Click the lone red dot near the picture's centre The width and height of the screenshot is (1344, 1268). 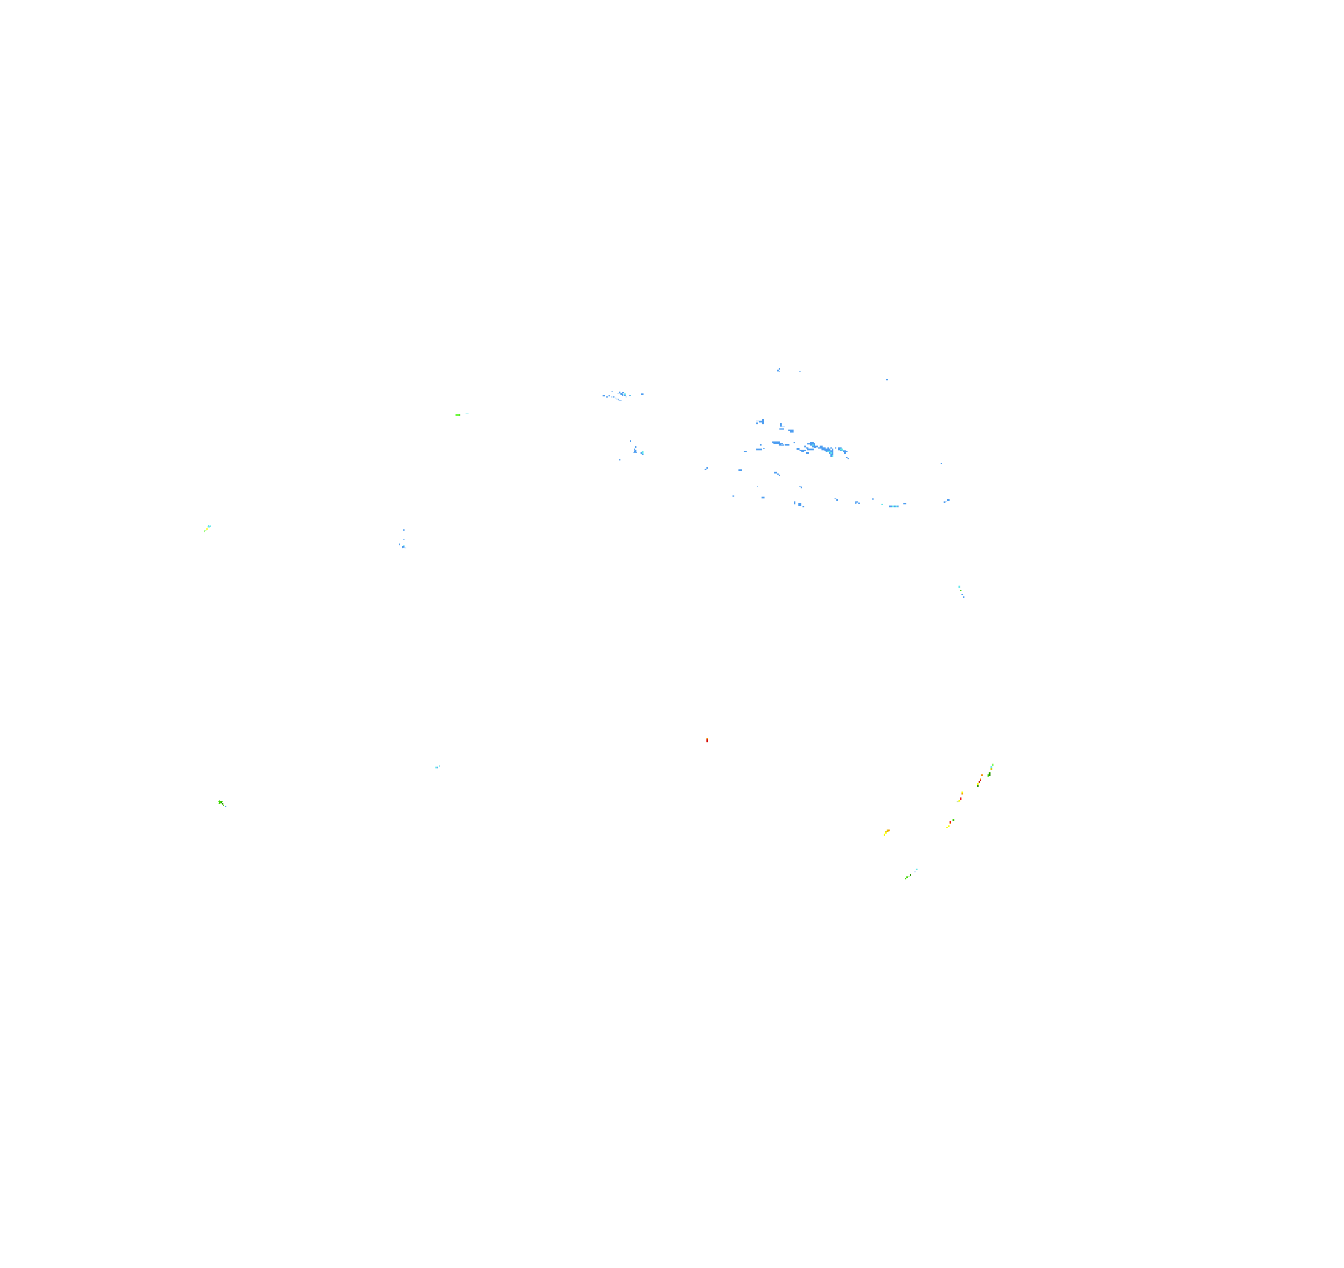click(x=707, y=741)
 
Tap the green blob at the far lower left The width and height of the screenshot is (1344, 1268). click(x=221, y=803)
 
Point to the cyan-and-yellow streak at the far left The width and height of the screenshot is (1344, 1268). click(x=207, y=527)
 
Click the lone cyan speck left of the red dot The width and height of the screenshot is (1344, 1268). click(x=437, y=767)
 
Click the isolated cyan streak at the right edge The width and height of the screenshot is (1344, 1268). click(x=961, y=590)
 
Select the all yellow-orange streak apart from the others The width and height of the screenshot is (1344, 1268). click(x=886, y=832)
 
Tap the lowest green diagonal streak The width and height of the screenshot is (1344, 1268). click(x=910, y=875)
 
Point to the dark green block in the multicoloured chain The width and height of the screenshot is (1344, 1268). click(x=989, y=774)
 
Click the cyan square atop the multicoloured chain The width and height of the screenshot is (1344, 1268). click(x=992, y=765)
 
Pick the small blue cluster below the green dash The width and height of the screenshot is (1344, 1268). click(x=403, y=544)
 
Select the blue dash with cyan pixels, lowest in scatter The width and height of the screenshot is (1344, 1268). click(x=894, y=506)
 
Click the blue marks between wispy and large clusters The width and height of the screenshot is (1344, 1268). click(x=637, y=450)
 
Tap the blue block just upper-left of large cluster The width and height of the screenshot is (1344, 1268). click(x=760, y=422)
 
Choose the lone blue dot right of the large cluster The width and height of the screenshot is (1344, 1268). click(x=941, y=463)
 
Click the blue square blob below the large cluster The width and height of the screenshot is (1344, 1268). click(x=799, y=504)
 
